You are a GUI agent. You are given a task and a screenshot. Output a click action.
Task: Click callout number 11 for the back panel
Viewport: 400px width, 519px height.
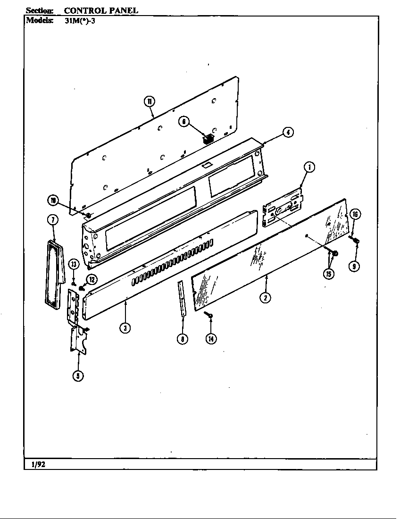[149, 101]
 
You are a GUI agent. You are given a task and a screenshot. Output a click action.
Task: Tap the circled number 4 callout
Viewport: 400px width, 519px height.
[287, 133]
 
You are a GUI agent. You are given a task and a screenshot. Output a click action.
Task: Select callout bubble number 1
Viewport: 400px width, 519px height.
[309, 167]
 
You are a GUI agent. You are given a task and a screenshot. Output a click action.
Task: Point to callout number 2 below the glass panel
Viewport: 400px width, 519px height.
[267, 298]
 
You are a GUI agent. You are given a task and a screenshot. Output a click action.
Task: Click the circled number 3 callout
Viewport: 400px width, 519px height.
[125, 327]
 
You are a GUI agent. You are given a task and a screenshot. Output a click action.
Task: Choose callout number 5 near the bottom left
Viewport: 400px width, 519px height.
[78, 376]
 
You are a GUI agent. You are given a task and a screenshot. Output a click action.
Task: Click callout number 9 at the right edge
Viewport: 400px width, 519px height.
[354, 266]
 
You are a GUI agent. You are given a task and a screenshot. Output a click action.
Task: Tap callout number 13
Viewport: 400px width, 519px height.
[74, 264]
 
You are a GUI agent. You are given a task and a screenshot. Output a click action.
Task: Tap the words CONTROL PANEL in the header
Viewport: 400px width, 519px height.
[100, 10]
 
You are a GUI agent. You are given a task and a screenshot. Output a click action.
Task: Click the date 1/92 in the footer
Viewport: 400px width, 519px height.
[38, 464]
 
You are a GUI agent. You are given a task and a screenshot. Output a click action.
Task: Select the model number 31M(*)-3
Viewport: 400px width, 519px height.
[81, 20]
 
